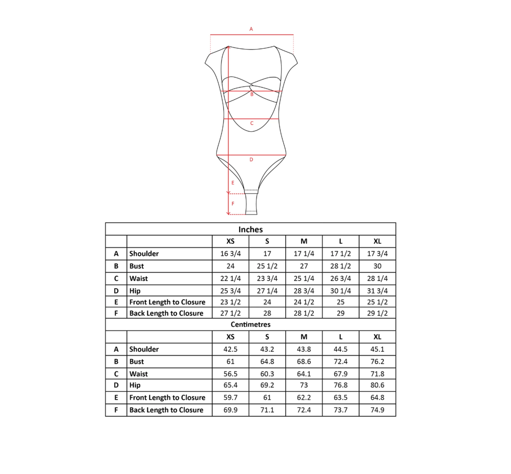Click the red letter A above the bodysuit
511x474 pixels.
(251, 29)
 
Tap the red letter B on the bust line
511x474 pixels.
(252, 94)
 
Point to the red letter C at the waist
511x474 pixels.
(252, 123)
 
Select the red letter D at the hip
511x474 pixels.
(251, 159)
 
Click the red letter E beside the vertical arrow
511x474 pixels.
(233, 182)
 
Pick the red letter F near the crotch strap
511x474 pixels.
(233, 203)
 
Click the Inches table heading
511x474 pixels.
(251, 229)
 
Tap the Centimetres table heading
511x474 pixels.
(251, 324)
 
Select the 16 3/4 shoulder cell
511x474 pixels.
(230, 254)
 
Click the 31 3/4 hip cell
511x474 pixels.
(377, 291)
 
